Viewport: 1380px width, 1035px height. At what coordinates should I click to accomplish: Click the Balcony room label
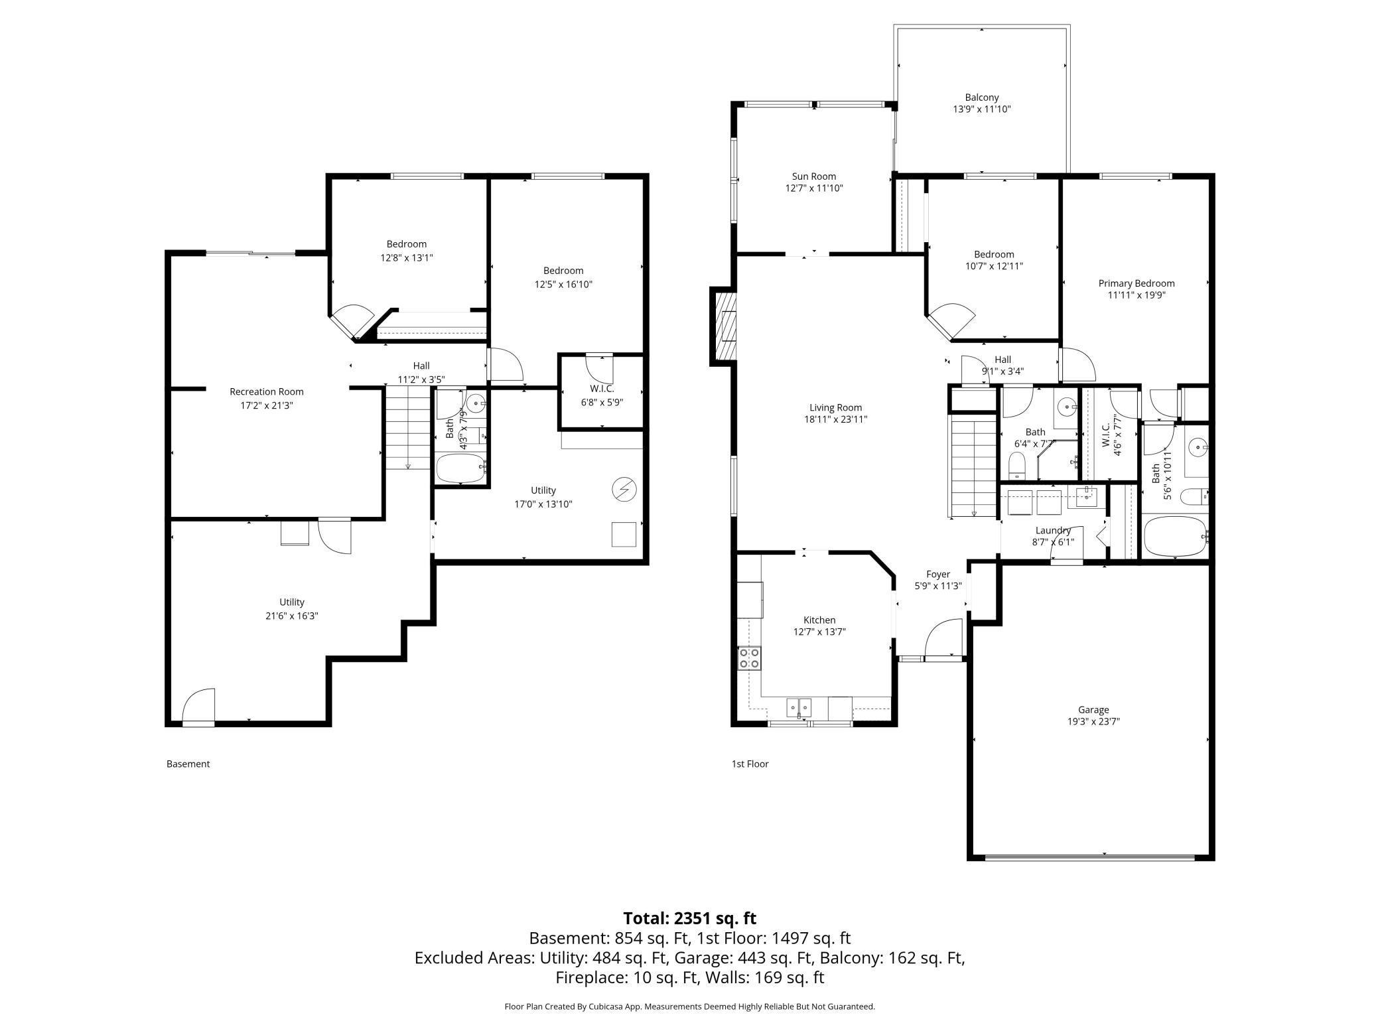(982, 98)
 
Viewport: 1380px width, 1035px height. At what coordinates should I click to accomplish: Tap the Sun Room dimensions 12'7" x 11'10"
(813, 188)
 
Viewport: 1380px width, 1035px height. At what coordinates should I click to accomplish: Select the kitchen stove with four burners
(750, 658)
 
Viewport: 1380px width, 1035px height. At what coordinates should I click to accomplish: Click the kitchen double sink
(799, 707)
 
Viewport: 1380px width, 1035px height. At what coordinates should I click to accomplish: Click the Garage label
(1093, 710)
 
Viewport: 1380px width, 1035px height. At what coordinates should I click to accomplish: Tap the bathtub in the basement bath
(460, 468)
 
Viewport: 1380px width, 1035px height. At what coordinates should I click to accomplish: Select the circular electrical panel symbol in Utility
(624, 490)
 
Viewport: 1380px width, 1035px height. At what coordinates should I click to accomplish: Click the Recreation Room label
(267, 391)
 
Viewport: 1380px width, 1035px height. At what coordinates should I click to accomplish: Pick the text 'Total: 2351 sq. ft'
(689, 918)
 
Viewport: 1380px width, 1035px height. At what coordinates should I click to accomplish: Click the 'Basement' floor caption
(188, 764)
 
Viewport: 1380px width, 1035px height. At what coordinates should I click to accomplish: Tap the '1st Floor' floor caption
(750, 764)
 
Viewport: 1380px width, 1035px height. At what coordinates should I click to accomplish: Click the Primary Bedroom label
(1137, 283)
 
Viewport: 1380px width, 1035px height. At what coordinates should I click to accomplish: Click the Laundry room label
(1053, 530)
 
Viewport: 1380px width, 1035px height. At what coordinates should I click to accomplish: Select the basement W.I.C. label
(602, 389)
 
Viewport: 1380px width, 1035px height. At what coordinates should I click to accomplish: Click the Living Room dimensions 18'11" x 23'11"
(835, 419)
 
